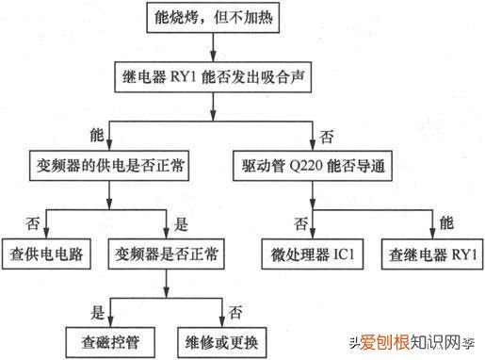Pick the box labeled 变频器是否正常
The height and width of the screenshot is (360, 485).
[167, 253]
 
